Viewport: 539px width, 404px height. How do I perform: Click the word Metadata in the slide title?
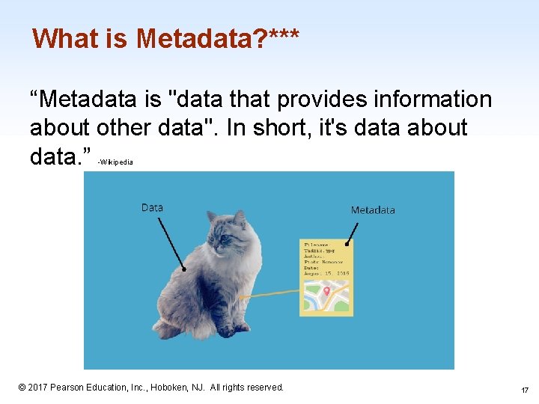(x=195, y=38)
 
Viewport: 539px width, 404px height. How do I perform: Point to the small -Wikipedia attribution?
(x=115, y=161)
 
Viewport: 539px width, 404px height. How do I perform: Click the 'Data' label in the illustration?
(x=152, y=207)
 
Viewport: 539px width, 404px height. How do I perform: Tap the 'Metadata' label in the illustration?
(x=373, y=210)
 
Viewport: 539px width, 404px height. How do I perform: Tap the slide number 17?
(x=524, y=390)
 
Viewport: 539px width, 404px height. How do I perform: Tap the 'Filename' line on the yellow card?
(x=317, y=245)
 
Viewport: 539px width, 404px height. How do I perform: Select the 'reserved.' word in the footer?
(x=265, y=388)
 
